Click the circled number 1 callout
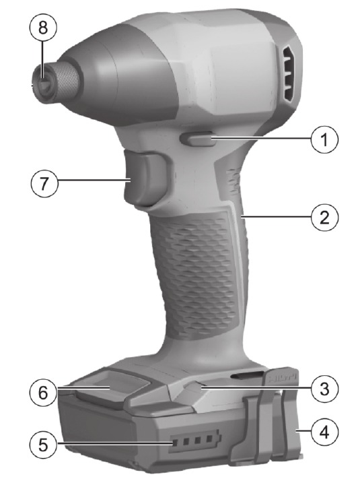point(324,139)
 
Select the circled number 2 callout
point(324,217)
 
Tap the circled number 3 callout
point(324,389)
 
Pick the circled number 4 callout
point(324,432)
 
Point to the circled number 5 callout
point(44,445)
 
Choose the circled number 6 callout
point(44,393)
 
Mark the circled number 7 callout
point(44,183)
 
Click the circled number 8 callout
point(43,27)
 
